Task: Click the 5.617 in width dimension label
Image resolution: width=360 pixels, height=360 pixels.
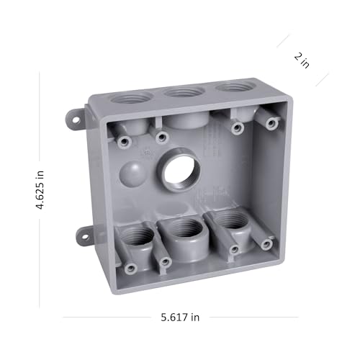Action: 180,318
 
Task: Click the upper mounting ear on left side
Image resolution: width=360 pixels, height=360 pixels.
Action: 74,119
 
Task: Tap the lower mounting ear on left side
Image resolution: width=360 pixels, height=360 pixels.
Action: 83,235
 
